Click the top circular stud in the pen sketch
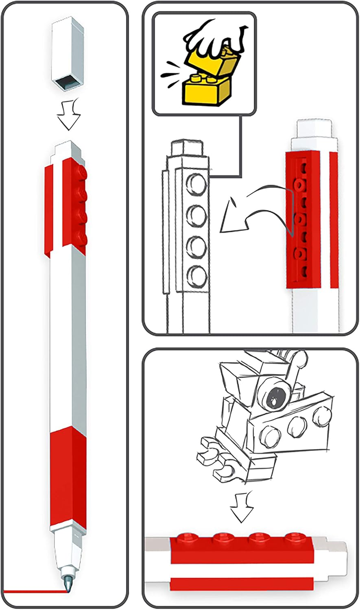196,183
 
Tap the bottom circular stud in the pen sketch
196,275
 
